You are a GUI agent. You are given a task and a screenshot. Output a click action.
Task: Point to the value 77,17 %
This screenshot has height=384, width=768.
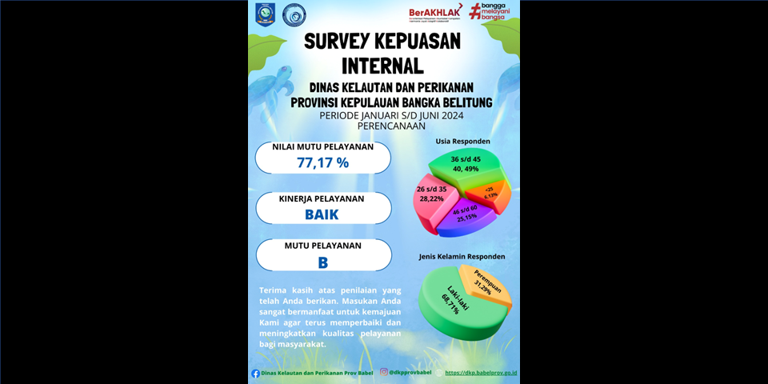pos(323,162)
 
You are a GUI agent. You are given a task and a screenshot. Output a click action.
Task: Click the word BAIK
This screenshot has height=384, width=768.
pos(322,214)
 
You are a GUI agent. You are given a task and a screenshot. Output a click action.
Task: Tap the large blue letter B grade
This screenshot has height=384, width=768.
pos(323,262)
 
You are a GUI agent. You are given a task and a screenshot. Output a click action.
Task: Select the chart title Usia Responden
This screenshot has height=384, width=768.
pos(462,142)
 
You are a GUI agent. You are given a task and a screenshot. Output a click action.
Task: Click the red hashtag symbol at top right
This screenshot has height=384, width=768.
pos(474,10)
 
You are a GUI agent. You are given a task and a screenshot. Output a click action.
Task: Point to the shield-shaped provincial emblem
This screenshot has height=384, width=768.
pos(264,14)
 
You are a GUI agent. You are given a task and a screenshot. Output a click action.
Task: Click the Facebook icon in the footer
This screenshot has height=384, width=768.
pos(256,373)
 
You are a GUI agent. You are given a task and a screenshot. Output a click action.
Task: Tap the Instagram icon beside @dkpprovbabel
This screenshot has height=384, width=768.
pos(384,372)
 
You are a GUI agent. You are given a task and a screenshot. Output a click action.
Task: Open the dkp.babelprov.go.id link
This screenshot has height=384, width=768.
pos(480,373)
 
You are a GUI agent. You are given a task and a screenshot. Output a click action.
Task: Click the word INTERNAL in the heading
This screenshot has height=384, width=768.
pos(382,63)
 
